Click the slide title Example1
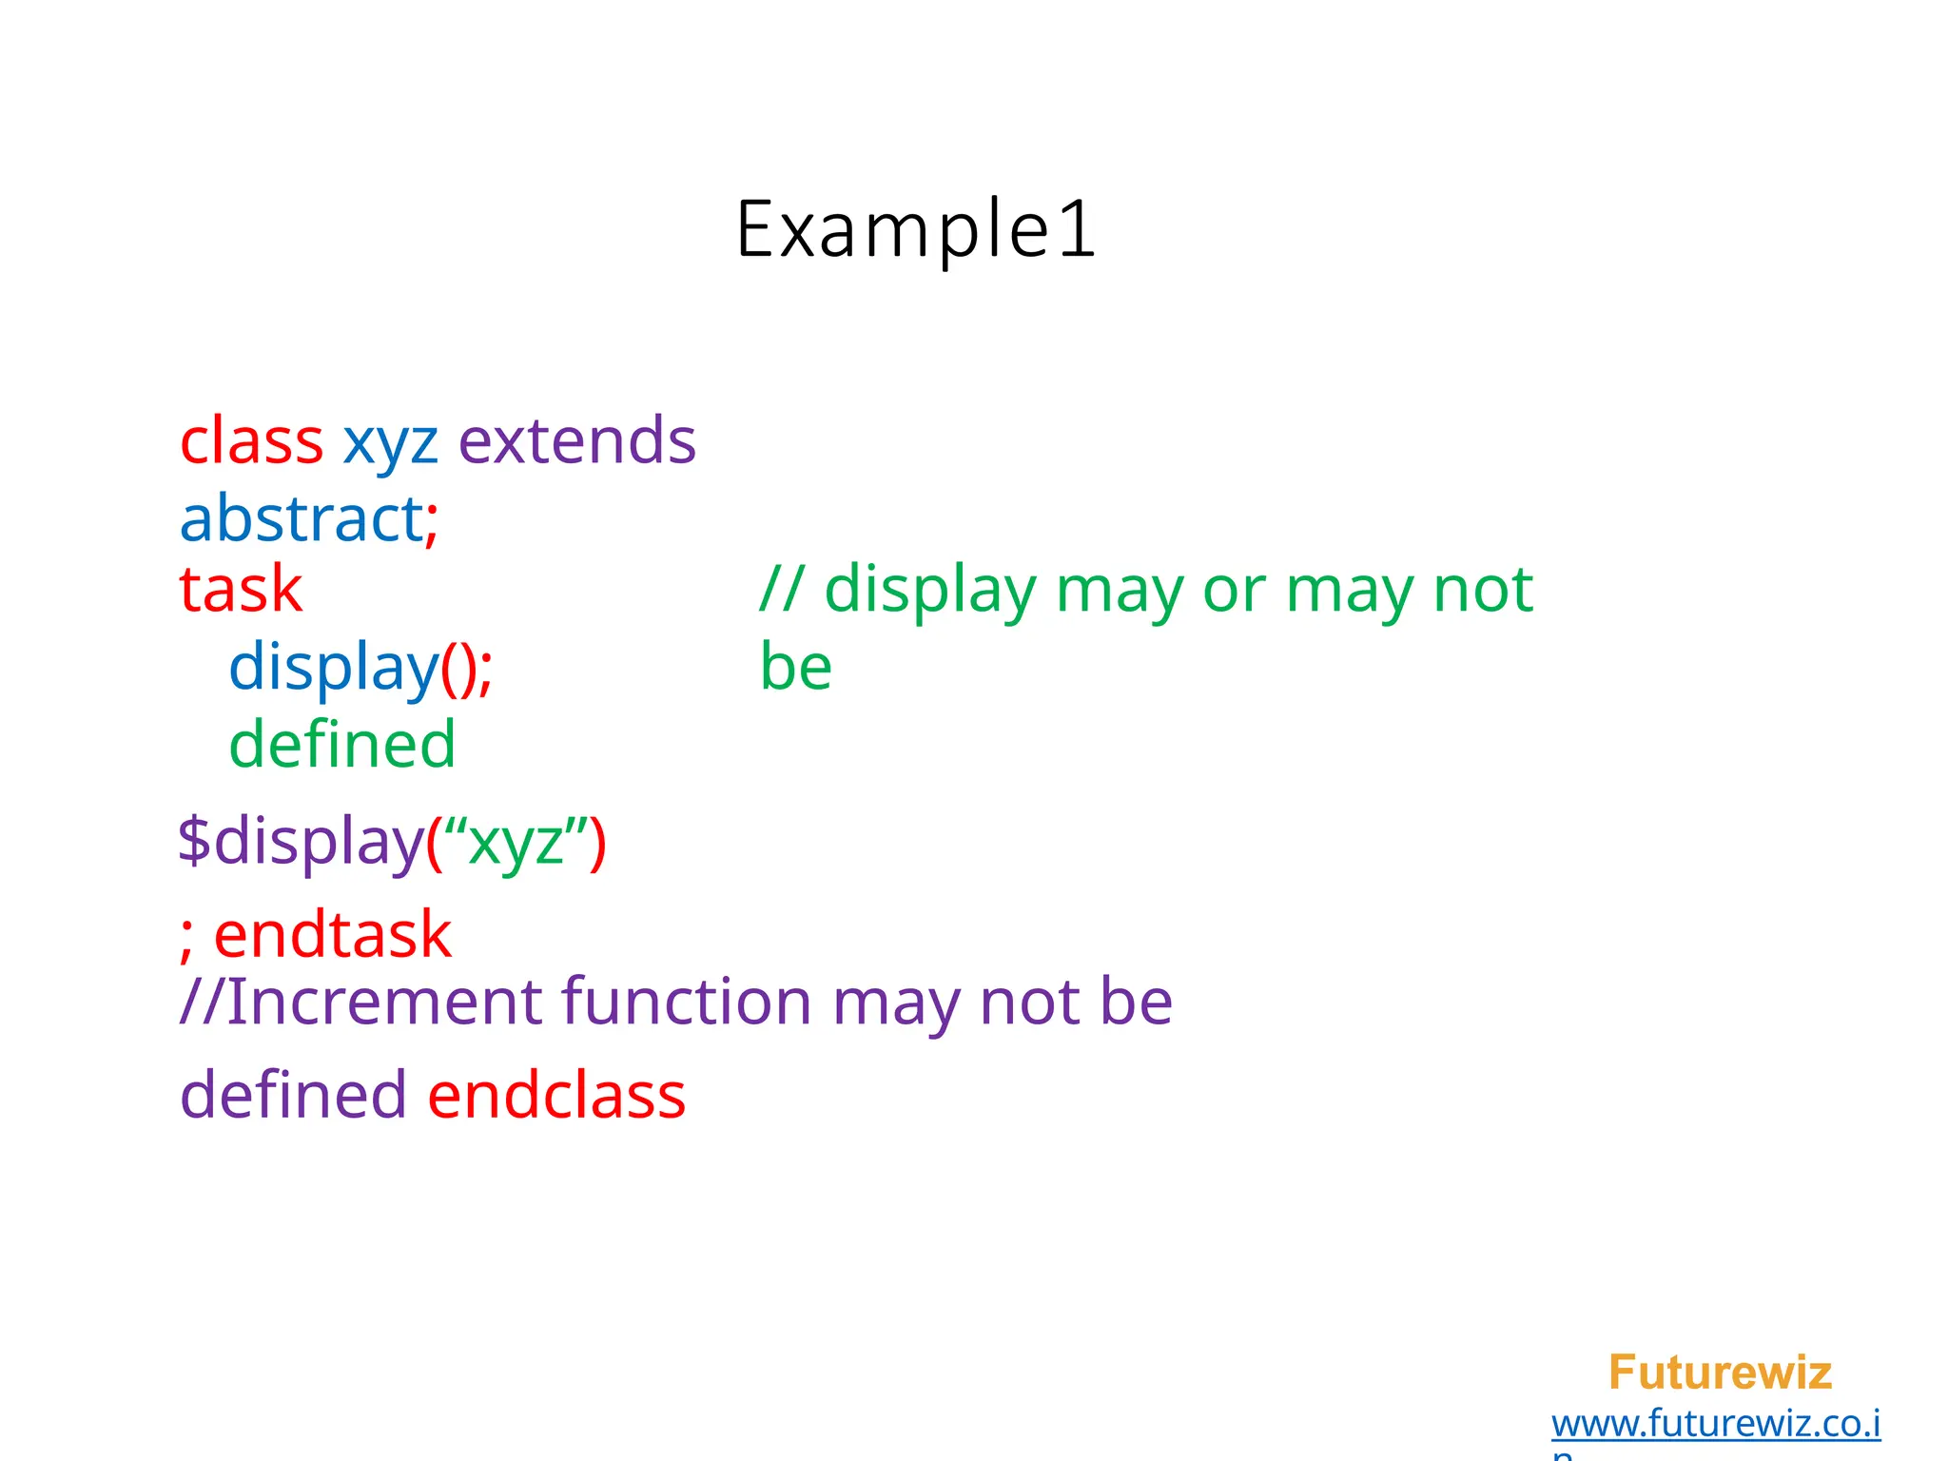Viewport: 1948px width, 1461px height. coord(916,229)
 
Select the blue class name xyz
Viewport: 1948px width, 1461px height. coord(390,443)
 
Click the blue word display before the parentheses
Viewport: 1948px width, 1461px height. coord(333,667)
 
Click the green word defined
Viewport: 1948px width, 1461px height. coord(342,744)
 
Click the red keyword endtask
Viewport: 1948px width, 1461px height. coord(332,934)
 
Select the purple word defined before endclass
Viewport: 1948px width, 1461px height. coord(293,1095)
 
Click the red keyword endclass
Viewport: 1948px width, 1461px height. coord(556,1095)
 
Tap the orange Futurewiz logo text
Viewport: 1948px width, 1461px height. coord(1720,1373)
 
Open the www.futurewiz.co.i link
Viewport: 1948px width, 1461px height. coord(1715,1424)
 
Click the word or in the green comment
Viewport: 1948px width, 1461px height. coord(1234,590)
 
